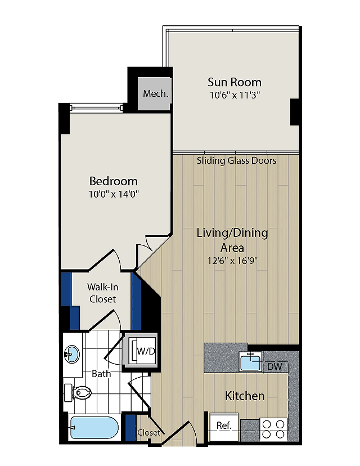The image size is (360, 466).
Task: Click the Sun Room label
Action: click(235, 82)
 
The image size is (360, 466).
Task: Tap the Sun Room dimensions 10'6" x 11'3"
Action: click(235, 95)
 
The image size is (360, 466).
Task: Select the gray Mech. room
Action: click(156, 93)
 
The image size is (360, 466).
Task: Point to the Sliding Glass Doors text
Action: click(236, 161)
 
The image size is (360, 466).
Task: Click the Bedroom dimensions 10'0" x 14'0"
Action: click(114, 194)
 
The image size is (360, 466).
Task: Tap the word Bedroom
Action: click(114, 181)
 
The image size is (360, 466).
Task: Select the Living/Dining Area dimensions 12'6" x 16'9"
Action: click(232, 261)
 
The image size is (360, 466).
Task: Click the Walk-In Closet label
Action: click(102, 293)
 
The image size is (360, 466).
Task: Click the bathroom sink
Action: click(72, 354)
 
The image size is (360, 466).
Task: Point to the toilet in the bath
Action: click(78, 393)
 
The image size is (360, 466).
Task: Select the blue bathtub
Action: click(94, 428)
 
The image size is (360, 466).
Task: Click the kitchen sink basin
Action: click(251, 361)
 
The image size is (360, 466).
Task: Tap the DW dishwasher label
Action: click(274, 366)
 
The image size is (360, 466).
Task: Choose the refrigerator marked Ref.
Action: click(224, 427)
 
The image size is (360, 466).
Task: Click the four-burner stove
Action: click(273, 429)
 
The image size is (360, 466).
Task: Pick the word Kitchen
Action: click(245, 396)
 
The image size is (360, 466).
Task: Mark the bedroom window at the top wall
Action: click(96, 107)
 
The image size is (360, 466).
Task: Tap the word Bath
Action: click(101, 374)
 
